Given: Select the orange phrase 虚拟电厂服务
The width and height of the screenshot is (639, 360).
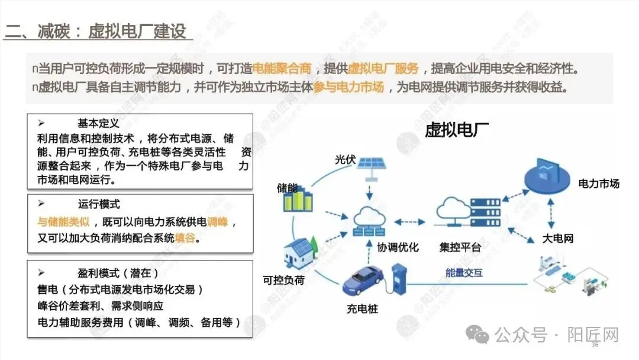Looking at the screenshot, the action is (383, 68).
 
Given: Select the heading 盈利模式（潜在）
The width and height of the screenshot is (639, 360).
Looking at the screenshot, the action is (118, 273).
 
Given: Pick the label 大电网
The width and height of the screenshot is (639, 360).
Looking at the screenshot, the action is (557, 239).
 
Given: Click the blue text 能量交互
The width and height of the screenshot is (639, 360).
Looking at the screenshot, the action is (464, 274).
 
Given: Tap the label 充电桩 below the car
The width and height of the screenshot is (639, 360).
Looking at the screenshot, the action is (362, 308).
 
